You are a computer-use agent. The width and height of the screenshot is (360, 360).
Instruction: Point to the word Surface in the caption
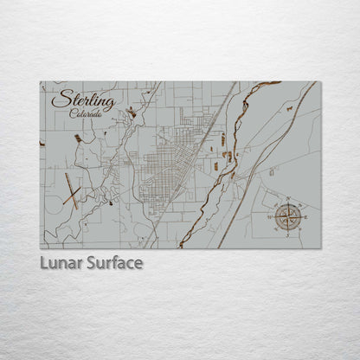[113, 262]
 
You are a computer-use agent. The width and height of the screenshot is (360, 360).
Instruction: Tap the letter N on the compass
[288, 200]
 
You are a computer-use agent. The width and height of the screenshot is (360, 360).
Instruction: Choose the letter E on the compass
[303, 215]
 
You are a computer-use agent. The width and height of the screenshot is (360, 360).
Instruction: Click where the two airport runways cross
[70, 192]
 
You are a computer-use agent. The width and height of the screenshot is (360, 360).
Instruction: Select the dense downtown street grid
[160, 169]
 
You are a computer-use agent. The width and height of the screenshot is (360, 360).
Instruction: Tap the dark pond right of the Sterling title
[132, 112]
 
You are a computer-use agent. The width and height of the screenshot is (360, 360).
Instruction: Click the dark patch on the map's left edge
[42, 144]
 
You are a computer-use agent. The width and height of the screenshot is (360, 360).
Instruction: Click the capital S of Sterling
[58, 99]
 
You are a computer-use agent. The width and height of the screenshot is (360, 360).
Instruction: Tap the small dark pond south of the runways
[112, 205]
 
